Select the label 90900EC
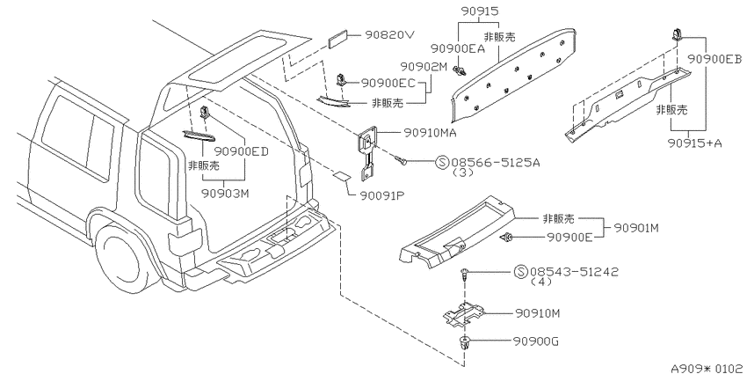coord(388,83)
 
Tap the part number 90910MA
coord(431,133)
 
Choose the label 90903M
coord(226,194)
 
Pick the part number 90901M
coord(635,228)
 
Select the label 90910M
coord(537,313)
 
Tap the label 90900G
coord(536,341)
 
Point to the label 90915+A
coord(694,143)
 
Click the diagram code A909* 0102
coord(708,368)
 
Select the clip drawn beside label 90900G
coord(462,343)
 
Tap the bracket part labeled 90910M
coord(463,315)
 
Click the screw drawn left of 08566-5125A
coord(401,160)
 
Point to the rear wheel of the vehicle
coord(122,257)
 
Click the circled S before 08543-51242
coord(521,272)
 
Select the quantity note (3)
coord(462,172)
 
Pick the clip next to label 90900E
coord(507,236)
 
